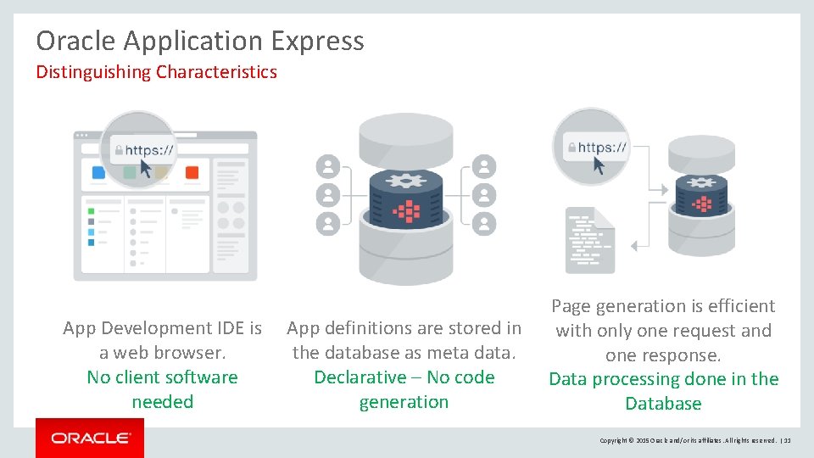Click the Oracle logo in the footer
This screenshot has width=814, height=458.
[x=90, y=438]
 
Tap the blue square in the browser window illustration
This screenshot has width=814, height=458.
[x=98, y=172]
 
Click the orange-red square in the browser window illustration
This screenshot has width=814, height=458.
[x=192, y=172]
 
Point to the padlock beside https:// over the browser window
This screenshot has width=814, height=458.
[x=118, y=151]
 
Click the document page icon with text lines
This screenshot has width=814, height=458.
[x=589, y=240]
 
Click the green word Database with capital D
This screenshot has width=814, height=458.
[x=663, y=404]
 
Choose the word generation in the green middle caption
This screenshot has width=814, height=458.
[x=404, y=402]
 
